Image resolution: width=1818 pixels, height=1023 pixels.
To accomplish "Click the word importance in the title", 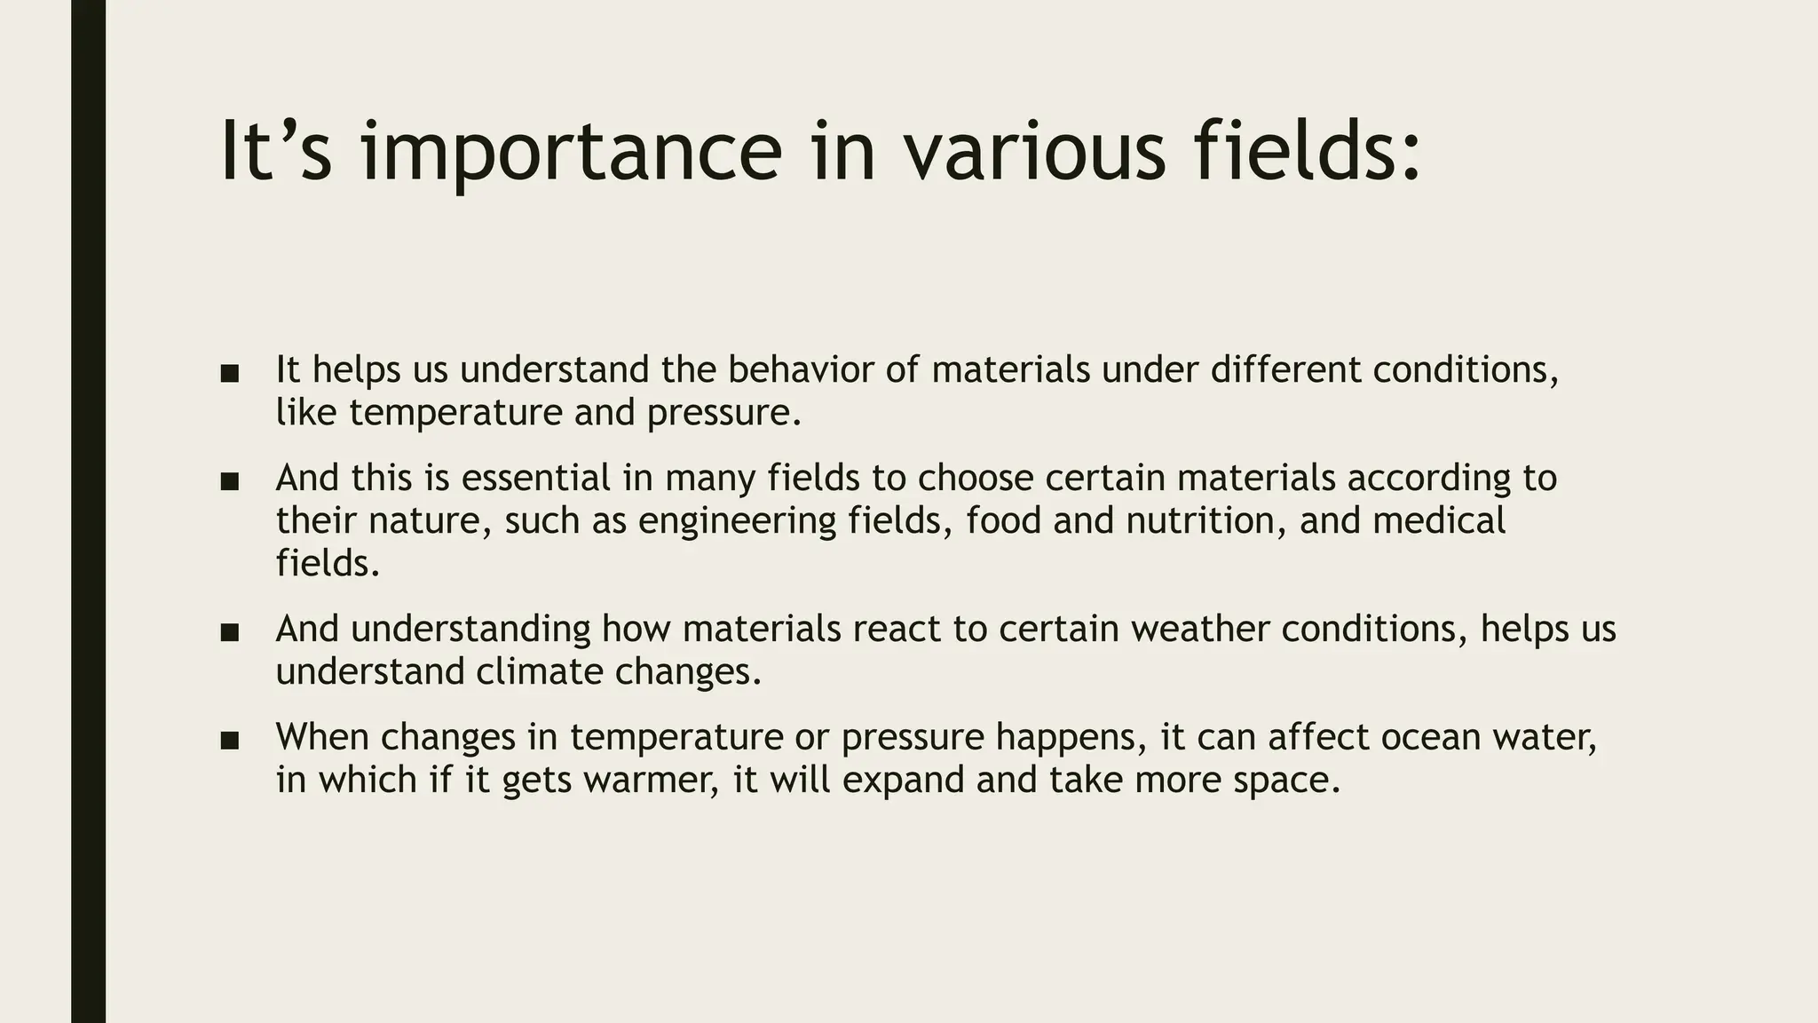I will coord(572,153).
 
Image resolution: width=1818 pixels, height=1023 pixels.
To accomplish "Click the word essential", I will coord(536,478).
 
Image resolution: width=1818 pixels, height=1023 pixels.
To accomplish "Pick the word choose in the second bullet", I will coord(976,478).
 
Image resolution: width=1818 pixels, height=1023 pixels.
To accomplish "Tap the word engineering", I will coord(737,520).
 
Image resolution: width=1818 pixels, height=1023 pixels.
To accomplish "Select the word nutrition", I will coord(1206,520).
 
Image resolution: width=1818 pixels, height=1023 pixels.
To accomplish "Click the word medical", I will coord(1439,520).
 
